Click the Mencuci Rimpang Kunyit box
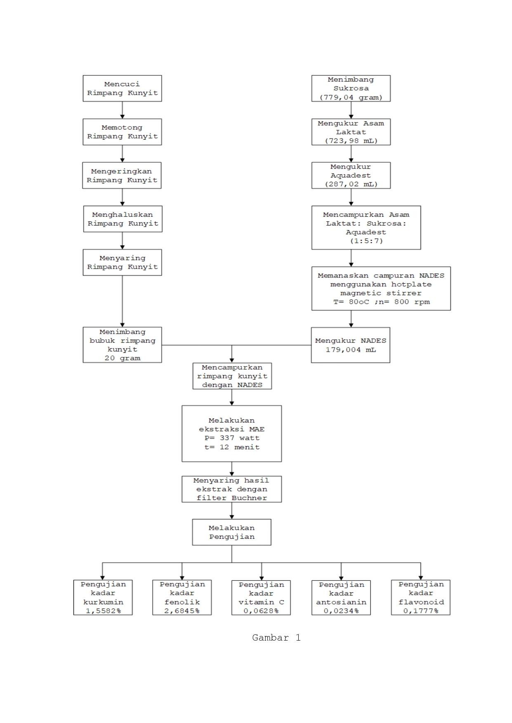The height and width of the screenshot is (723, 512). click(122, 88)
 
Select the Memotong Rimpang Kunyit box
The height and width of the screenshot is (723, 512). click(122, 132)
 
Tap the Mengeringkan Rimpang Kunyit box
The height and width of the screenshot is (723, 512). click(122, 176)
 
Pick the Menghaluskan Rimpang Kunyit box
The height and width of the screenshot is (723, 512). click(123, 219)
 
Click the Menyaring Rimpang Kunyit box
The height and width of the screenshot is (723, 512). click(122, 262)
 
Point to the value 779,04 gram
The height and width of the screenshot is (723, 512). click(351, 97)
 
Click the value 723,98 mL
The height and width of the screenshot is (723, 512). click(351, 141)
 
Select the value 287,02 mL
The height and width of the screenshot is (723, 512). click(351, 184)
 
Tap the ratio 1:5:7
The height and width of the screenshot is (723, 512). click(366, 241)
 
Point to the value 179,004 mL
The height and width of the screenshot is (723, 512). click(351, 350)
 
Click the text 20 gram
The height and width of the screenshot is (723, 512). click(122, 358)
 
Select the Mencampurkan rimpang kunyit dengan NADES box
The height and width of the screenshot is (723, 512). click(232, 376)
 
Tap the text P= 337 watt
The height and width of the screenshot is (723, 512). click(232, 438)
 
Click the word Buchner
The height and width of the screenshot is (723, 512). click(249, 498)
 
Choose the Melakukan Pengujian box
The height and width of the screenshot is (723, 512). click(231, 532)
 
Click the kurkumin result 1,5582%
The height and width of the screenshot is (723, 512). click(103, 611)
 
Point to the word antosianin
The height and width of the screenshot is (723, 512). click(341, 602)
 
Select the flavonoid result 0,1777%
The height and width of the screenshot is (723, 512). click(421, 611)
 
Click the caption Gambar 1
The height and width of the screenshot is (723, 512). click(276, 638)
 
